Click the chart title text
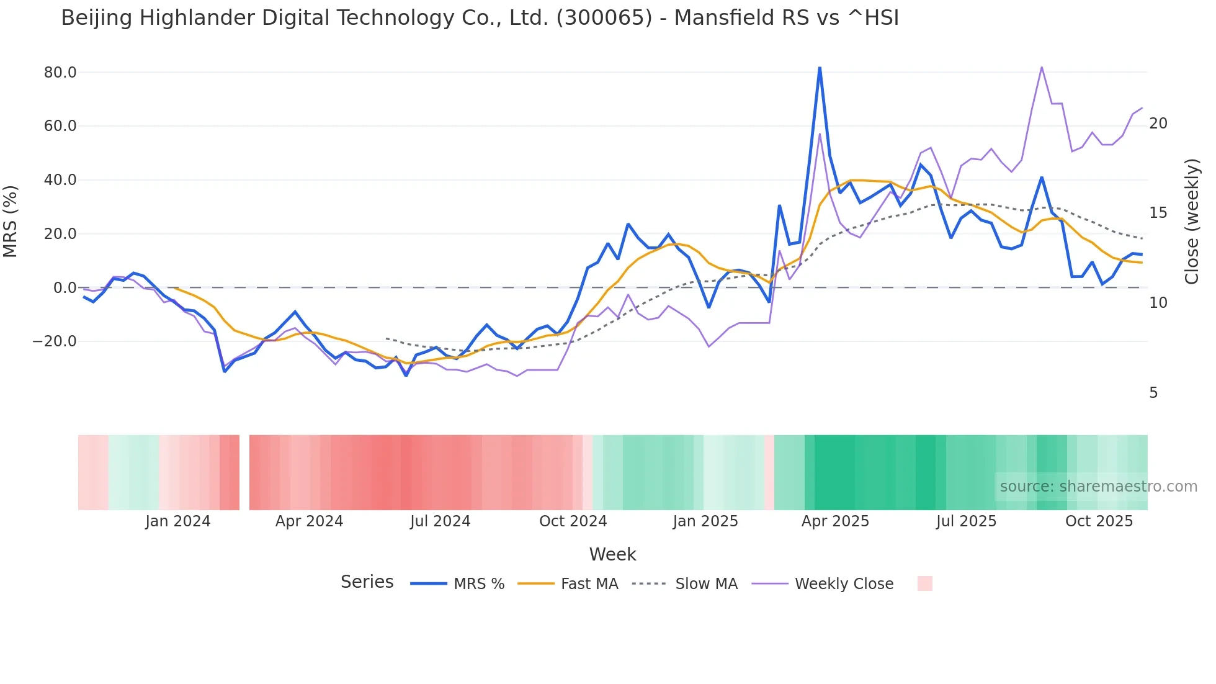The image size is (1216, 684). [x=480, y=18]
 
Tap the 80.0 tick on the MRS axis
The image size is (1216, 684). [x=60, y=73]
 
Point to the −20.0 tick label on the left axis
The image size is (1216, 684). [x=55, y=341]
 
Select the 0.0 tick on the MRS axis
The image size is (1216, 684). [x=65, y=288]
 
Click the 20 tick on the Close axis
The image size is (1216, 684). [x=1158, y=124]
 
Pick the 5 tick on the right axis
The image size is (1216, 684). [x=1153, y=393]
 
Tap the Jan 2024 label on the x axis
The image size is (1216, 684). [x=178, y=521]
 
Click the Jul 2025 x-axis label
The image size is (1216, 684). [x=966, y=521]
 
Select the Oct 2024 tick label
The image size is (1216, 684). [x=573, y=521]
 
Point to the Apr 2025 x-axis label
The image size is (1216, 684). [x=835, y=521]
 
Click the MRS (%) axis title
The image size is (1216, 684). [x=11, y=222]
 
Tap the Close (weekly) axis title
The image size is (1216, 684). [x=1191, y=222]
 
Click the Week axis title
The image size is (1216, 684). [x=612, y=554]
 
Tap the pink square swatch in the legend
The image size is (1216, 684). [x=924, y=583]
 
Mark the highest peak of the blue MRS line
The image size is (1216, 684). [x=820, y=68]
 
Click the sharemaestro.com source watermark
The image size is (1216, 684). [x=1098, y=487]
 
